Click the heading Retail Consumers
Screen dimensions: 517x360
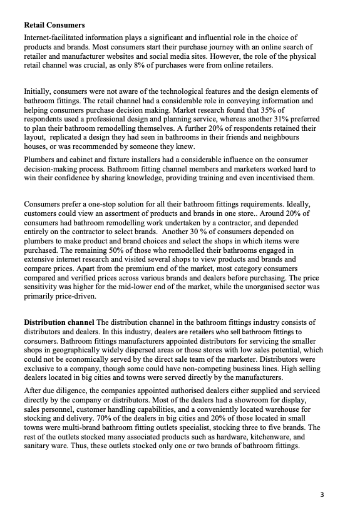tap(54, 26)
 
